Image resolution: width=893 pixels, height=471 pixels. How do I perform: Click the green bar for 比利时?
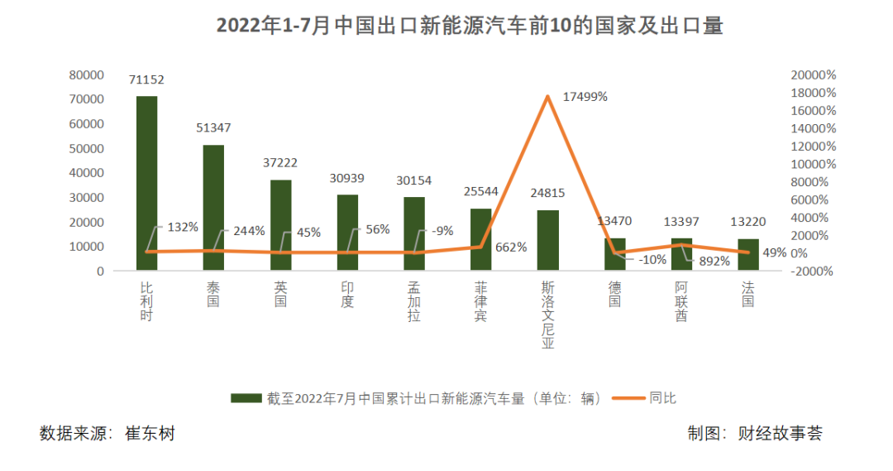(146, 183)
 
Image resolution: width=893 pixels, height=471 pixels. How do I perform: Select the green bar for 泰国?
(213, 207)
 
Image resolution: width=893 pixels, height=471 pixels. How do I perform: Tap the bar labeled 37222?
(280, 224)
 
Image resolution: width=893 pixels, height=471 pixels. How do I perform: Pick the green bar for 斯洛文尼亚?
(547, 240)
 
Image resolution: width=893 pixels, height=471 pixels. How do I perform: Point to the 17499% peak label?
(585, 97)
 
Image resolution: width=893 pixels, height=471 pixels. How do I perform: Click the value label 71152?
(146, 80)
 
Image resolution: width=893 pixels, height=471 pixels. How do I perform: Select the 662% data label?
(511, 247)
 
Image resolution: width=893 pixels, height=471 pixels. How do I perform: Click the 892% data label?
(714, 261)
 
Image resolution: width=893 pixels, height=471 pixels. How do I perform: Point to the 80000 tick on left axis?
(86, 74)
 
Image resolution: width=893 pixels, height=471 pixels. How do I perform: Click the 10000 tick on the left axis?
(86, 247)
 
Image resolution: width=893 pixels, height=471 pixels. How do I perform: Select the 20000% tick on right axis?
(813, 74)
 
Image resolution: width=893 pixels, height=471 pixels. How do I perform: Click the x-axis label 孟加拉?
(413, 302)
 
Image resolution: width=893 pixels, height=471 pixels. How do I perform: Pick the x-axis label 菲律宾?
(480, 302)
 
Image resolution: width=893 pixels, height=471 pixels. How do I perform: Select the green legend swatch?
(246, 398)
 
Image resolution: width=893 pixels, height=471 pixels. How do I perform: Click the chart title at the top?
(470, 26)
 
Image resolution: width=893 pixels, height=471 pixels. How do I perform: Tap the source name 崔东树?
(150, 433)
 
